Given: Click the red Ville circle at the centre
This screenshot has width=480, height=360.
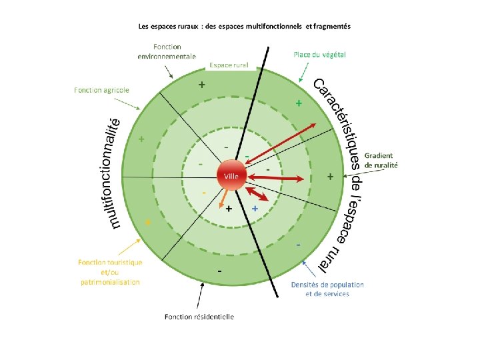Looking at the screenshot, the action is coord(231,175).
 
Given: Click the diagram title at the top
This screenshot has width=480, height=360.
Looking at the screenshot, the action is coord(244,27).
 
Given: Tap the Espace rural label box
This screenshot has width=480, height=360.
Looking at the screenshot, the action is coord(229,65).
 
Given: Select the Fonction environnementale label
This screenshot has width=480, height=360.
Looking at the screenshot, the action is coord(167,51).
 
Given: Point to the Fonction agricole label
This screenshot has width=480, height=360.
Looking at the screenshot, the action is coord(101,90).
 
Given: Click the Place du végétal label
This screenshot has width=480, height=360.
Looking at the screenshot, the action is coord(319,54).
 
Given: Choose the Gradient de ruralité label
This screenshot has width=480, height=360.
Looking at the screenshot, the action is coord(381,159).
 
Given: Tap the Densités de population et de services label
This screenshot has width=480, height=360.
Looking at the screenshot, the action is coord(327,289).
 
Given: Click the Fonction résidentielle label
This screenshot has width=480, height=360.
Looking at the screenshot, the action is coord(199,316).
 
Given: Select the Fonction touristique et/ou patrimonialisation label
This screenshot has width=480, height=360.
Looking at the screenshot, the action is coord(110,272).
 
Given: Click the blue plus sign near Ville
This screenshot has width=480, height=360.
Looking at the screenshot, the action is coord(255,209).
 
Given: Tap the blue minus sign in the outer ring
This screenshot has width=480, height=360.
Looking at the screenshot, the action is coord(298,246).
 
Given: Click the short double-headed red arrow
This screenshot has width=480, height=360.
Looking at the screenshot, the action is coord(257,194).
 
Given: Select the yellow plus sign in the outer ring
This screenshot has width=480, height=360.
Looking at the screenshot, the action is coord(148,221).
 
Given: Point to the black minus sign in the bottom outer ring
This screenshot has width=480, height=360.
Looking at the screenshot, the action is coord(219,272).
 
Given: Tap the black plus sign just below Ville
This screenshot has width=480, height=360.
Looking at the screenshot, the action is coord(229,209).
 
